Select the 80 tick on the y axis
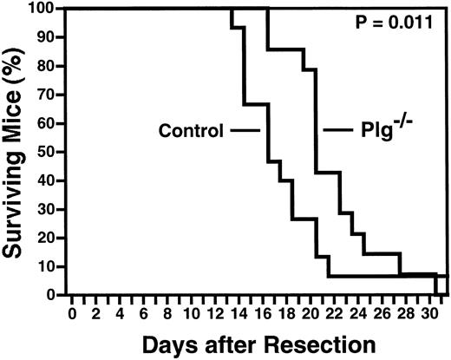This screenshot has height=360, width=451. click(55, 65)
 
